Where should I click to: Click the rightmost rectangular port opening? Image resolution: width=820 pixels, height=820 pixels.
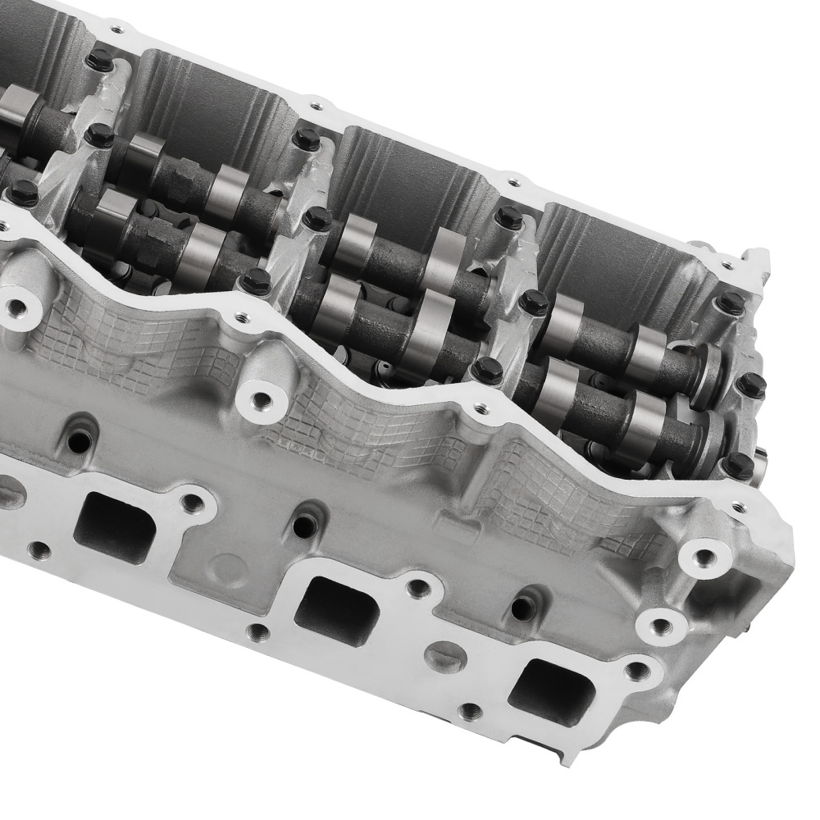pos(551,691)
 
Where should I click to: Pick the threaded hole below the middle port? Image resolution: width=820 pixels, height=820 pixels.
pos(257,631)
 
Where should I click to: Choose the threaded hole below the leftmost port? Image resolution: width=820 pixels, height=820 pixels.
pos(37,549)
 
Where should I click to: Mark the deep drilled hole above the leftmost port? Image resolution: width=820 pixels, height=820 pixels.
pos(80,442)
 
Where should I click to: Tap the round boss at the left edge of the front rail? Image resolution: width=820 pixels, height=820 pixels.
pos(15,307)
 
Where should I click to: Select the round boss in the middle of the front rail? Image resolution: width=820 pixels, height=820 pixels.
pos(260,400)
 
